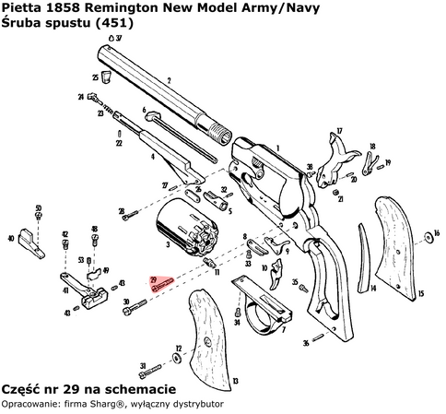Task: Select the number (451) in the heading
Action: (115, 25)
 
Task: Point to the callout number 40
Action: (10, 238)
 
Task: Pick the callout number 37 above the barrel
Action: (121, 39)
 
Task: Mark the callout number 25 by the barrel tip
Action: (95, 77)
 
